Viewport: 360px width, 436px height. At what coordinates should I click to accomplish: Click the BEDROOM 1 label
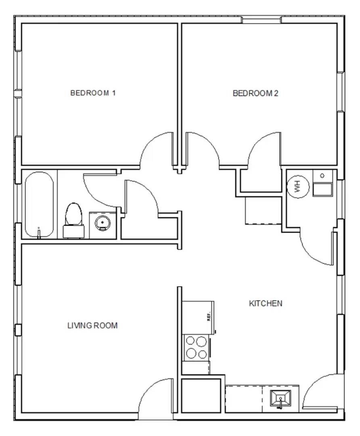(x=93, y=93)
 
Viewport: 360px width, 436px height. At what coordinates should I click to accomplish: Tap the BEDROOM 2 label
(x=255, y=93)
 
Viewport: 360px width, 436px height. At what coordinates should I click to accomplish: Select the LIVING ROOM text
(x=92, y=325)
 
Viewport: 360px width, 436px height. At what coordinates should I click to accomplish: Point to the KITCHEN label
(x=266, y=303)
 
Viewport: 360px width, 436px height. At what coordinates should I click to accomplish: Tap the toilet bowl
(x=74, y=214)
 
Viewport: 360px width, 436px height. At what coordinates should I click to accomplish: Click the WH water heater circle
(x=298, y=187)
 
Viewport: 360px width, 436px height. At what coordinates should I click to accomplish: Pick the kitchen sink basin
(x=280, y=398)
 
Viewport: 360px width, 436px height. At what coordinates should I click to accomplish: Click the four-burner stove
(x=197, y=348)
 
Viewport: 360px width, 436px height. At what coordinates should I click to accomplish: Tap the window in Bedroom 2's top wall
(x=261, y=20)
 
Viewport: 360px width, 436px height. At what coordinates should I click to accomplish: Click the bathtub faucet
(x=39, y=233)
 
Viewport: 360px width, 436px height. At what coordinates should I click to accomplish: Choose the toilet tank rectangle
(x=74, y=232)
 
